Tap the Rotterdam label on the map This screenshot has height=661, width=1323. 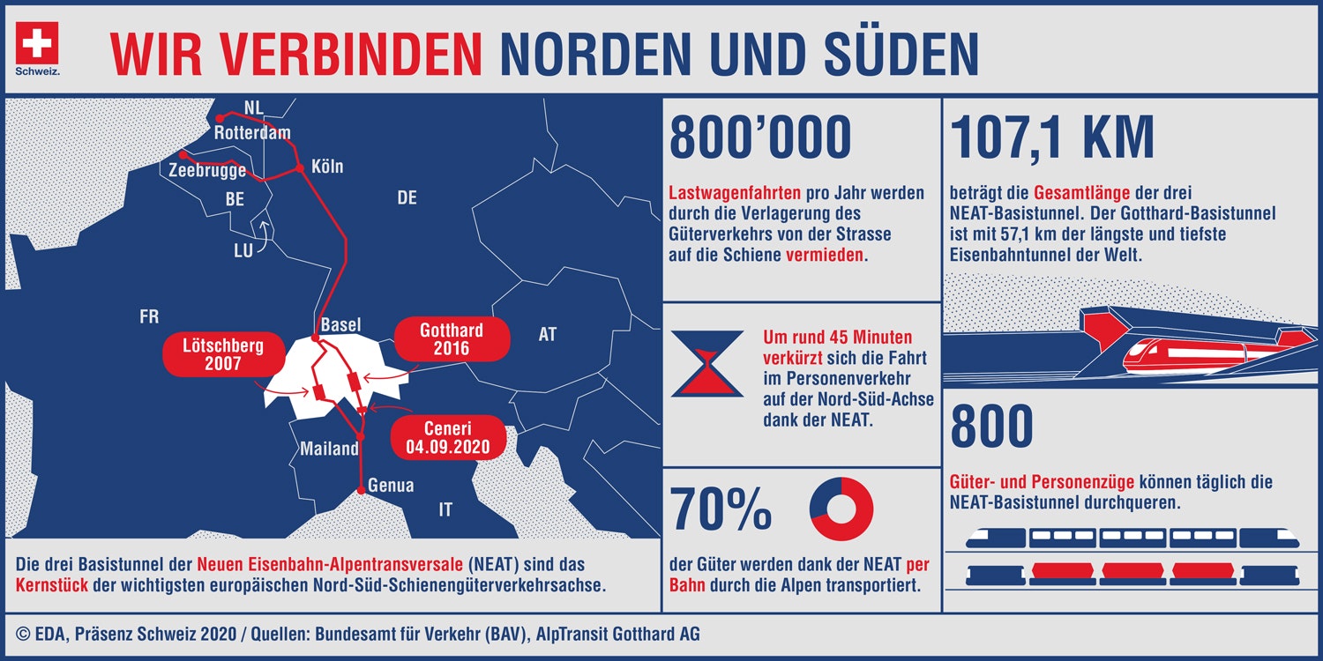tap(252, 132)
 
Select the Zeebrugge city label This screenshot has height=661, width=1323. tap(207, 170)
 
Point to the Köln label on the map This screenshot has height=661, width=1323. tap(327, 167)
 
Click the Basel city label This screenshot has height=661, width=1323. tap(340, 324)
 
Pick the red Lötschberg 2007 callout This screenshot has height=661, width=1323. tap(224, 354)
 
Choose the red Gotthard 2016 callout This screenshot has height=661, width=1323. tap(452, 338)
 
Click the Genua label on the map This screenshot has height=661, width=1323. tap(391, 485)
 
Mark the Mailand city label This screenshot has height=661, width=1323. tap(329, 449)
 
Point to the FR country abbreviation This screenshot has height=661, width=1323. tap(149, 317)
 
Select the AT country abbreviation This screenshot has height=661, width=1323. tap(548, 335)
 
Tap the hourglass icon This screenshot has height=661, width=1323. tap(707, 363)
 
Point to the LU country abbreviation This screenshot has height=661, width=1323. tap(243, 250)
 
